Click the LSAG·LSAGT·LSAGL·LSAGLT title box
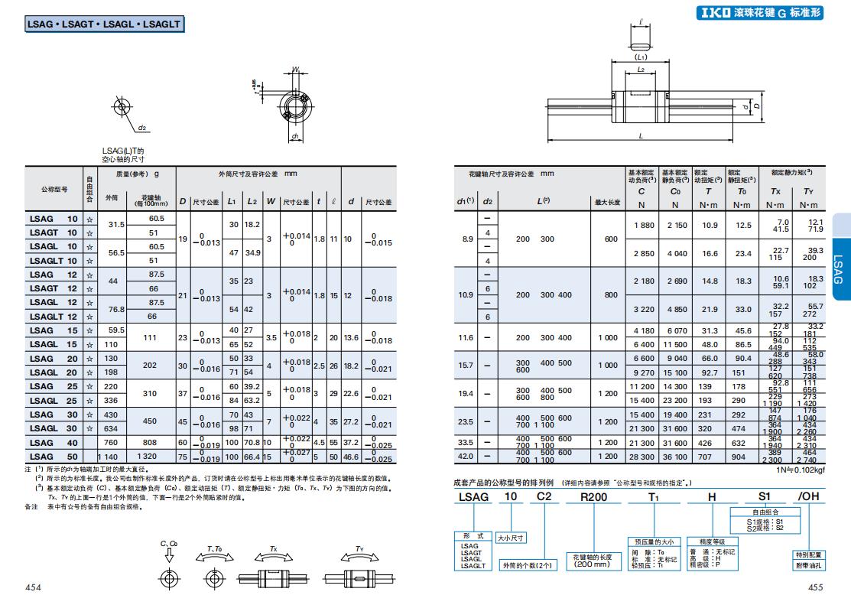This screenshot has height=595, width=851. click(105, 24)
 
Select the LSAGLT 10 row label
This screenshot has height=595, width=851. click(54, 260)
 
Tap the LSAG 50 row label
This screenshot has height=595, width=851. click(54, 456)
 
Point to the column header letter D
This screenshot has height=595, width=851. click(183, 201)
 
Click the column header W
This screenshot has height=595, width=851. click(269, 201)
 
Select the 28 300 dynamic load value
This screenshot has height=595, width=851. click(641, 456)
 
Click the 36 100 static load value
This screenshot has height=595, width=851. click(675, 456)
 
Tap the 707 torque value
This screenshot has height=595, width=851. click(710, 456)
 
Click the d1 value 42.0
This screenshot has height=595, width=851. click(466, 456)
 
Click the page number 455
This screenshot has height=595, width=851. click(815, 587)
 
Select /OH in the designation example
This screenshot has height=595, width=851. click(808, 497)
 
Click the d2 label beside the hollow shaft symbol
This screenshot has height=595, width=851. click(142, 128)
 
